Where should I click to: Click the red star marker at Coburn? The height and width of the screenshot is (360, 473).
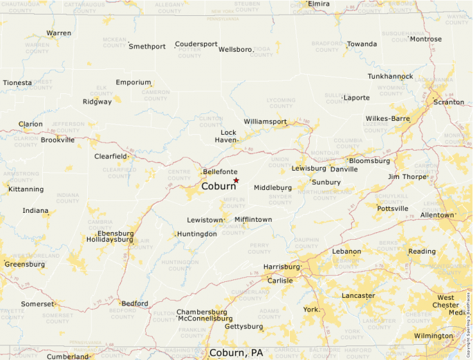236,180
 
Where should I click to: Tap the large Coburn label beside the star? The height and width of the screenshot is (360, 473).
219,187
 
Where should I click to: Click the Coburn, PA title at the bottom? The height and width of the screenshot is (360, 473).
236,352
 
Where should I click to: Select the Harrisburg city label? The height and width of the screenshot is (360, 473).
281,267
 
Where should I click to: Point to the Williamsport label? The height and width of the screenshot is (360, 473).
265,122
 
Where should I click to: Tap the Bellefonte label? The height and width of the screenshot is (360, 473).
220,171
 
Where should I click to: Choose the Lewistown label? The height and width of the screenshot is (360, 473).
205,220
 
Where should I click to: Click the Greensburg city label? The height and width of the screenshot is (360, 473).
24,264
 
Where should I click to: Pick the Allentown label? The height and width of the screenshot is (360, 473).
437,215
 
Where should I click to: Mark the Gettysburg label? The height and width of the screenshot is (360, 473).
244,326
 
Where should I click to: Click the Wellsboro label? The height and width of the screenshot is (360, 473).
235,50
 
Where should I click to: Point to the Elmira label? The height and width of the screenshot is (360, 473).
319,4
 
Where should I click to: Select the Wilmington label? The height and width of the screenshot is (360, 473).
433,336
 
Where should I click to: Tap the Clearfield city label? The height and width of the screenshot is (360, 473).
111,156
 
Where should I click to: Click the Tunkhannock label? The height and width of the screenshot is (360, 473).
390,76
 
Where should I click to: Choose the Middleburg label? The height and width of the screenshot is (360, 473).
272,187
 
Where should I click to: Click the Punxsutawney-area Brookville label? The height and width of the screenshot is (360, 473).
57,140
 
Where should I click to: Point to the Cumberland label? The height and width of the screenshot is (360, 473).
68,357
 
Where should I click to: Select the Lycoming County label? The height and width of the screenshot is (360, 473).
281,103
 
